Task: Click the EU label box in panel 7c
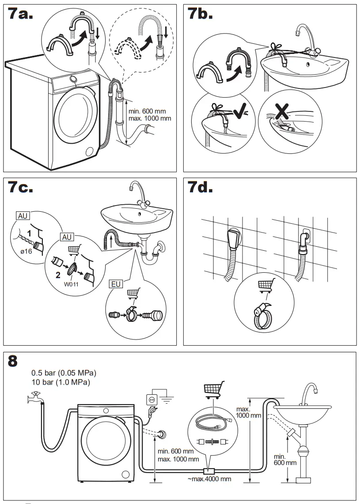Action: [x=116, y=284]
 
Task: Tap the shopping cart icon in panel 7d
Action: [x=265, y=285]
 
